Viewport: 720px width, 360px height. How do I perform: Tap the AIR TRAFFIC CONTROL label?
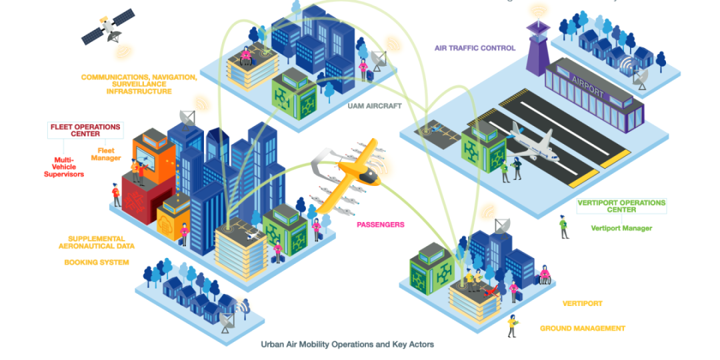tap(475, 48)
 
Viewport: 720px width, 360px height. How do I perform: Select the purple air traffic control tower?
tap(537, 47)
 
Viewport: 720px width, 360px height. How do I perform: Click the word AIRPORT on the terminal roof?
tap(587, 87)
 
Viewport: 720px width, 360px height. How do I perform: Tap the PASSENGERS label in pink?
tap(380, 225)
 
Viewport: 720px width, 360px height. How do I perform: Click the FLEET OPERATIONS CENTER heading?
tap(85, 129)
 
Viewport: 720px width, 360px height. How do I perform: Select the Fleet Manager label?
tap(109, 154)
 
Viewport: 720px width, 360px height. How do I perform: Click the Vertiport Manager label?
tap(621, 228)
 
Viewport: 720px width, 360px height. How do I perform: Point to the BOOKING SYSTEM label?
tap(97, 263)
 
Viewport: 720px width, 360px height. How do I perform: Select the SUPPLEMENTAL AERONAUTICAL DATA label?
tap(96, 242)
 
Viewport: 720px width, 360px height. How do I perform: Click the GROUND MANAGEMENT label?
tap(582, 328)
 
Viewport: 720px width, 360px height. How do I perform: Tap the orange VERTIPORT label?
tap(582, 303)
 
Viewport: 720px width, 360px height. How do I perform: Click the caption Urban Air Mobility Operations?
tap(347, 345)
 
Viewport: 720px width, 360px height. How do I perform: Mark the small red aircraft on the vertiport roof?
tap(491, 291)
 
